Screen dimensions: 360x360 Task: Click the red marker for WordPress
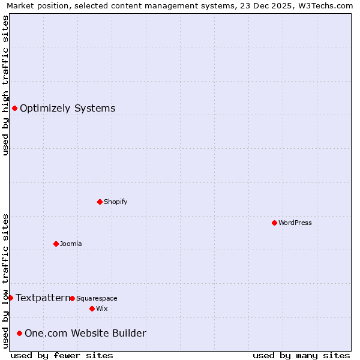274,223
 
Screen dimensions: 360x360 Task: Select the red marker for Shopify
100,202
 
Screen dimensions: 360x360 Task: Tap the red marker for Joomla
56,244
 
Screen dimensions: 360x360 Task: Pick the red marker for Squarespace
72,298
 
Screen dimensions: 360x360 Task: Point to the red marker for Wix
92,308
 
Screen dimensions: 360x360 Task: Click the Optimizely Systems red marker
14,108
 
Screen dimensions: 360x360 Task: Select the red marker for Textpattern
10,298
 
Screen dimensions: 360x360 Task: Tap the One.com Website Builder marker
19,333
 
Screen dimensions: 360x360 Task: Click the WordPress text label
295,223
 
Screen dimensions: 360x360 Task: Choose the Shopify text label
116,202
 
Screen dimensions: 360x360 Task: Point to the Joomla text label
71,244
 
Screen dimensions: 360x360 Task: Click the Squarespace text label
97,298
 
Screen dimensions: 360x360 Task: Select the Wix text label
102,308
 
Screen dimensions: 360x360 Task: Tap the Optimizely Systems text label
68,108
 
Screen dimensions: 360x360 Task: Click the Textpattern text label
43,298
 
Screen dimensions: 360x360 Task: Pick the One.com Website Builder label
85,333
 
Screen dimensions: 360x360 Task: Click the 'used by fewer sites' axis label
62,355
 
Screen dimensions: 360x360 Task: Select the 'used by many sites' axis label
301,355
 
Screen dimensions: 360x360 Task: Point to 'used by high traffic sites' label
5,85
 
